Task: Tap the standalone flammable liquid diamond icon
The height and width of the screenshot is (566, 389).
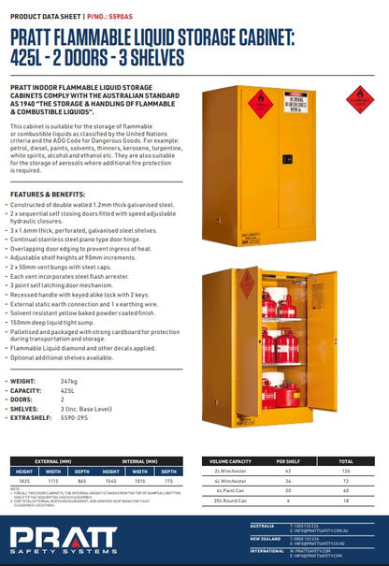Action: (x=360, y=99)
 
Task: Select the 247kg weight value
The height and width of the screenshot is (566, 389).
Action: (x=68, y=382)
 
